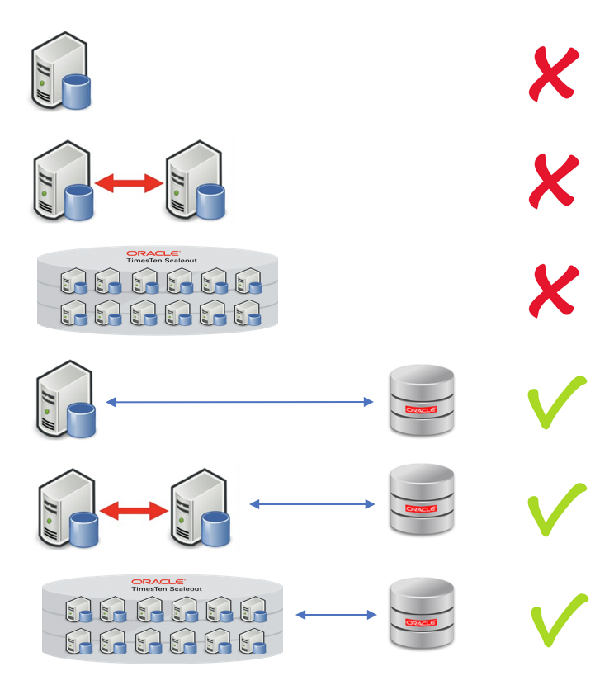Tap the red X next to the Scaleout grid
pyautogui.click(x=554, y=290)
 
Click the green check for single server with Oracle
pyautogui.click(x=555, y=402)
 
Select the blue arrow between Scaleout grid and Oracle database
pyautogui.click(x=335, y=614)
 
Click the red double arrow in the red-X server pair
pyautogui.click(x=129, y=184)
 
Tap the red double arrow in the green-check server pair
pyautogui.click(x=135, y=511)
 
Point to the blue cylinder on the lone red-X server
pyautogui.click(x=76, y=91)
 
